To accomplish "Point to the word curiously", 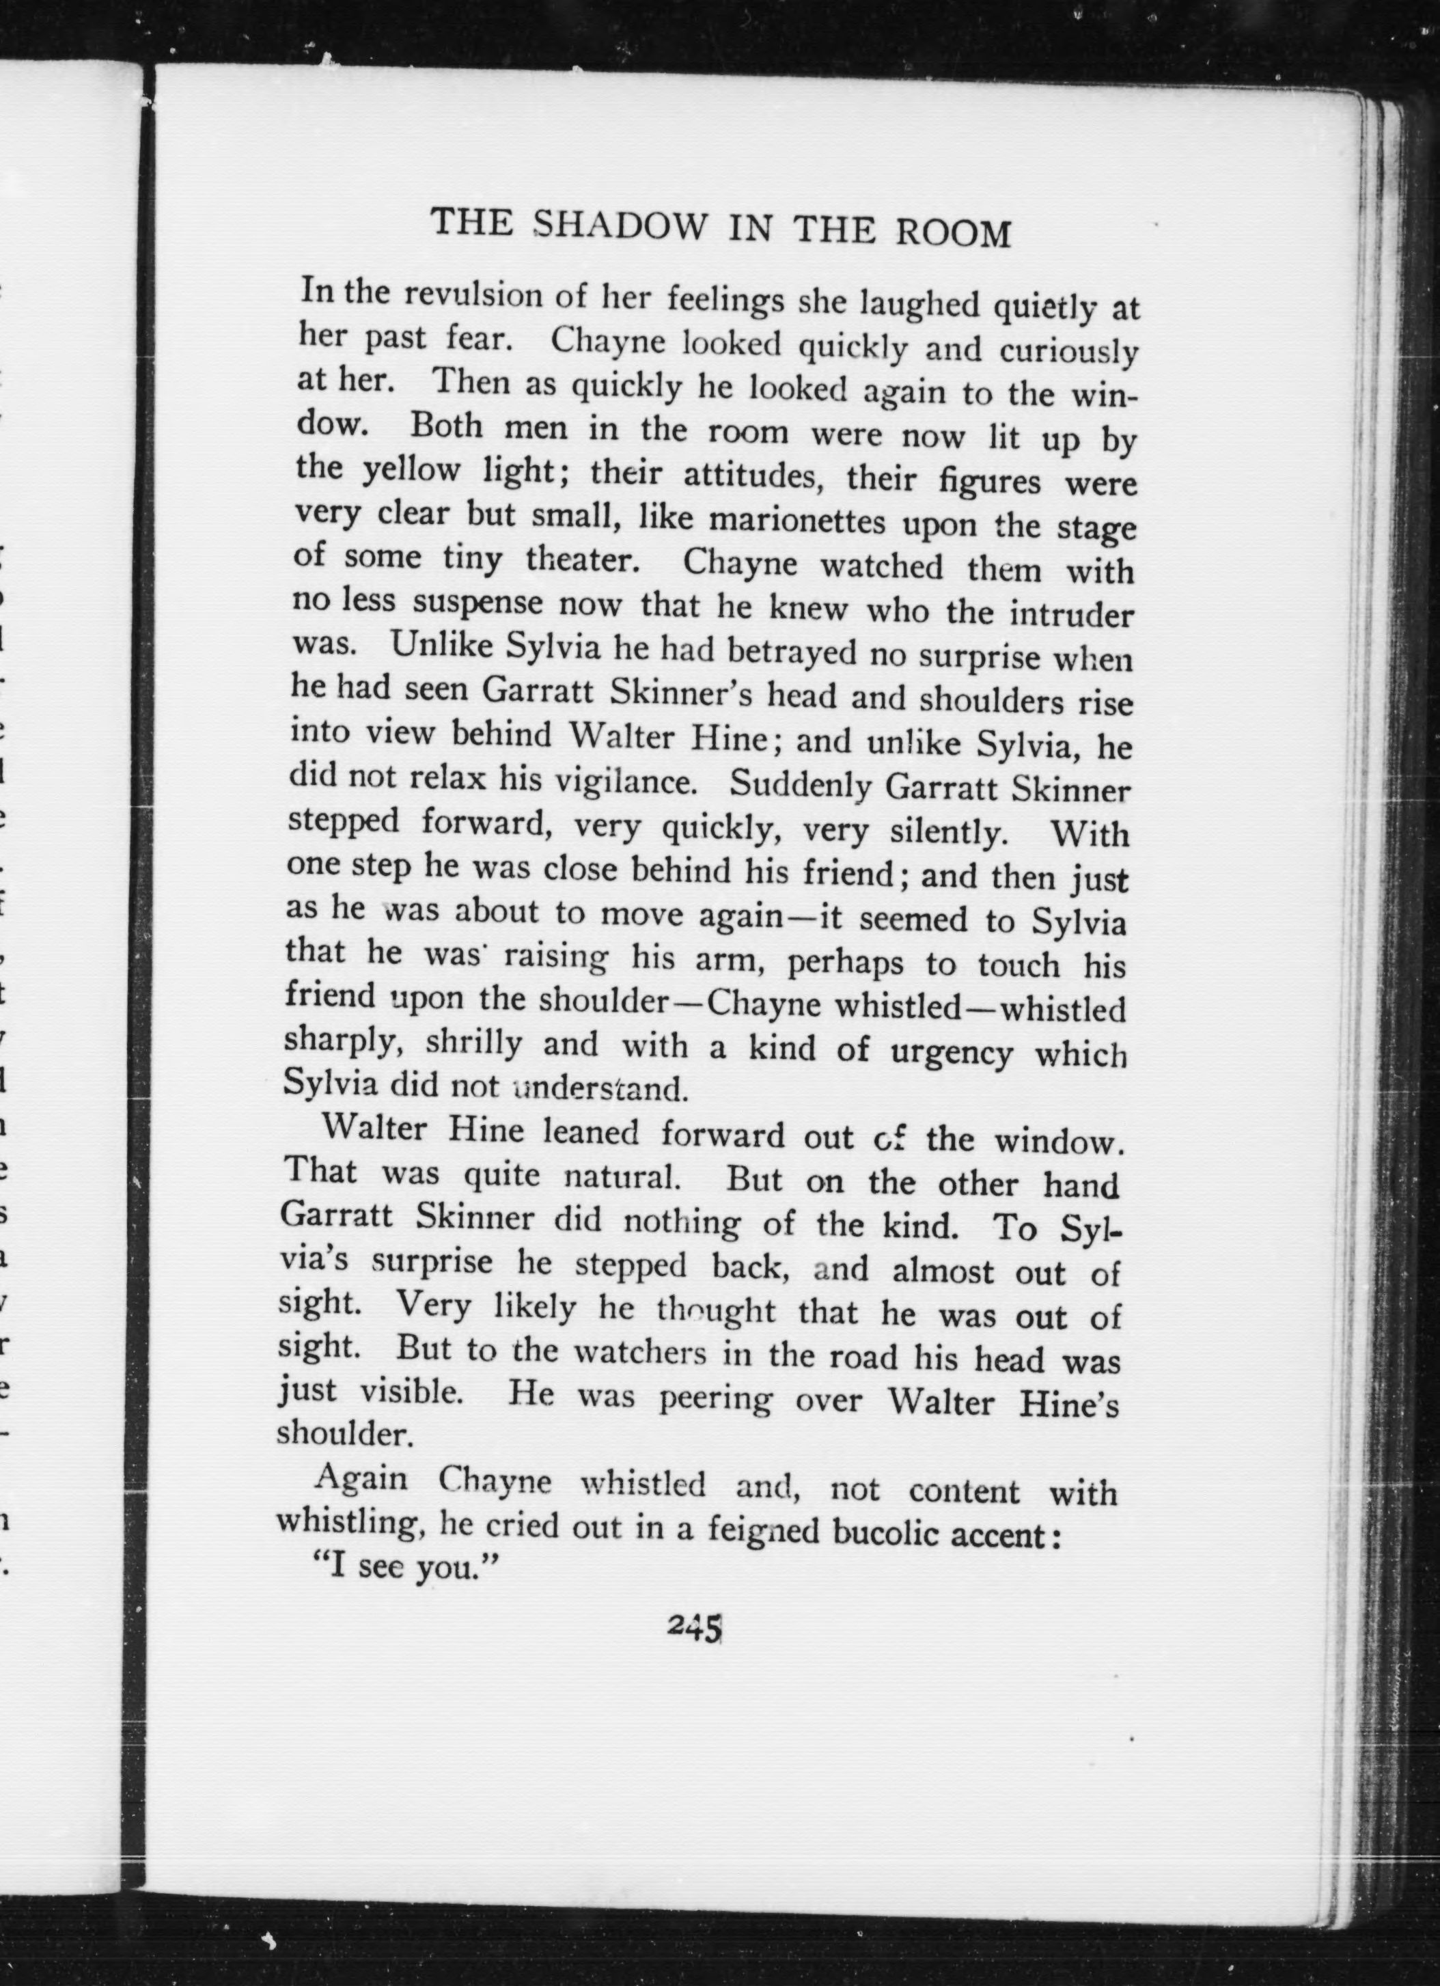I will click(x=1069, y=352).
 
